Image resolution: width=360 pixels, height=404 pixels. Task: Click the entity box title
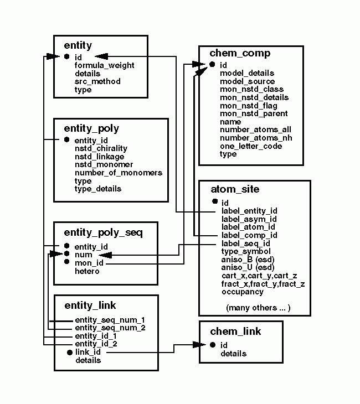(x=78, y=45)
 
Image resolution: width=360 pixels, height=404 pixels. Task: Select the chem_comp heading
(x=240, y=53)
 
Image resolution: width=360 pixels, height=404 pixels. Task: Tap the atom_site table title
(x=235, y=189)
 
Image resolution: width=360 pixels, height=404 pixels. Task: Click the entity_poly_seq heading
(x=104, y=232)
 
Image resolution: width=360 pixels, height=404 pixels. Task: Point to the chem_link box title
(x=235, y=332)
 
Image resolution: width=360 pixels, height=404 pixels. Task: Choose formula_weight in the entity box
(x=105, y=65)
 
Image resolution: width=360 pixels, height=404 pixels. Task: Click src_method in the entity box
(x=97, y=81)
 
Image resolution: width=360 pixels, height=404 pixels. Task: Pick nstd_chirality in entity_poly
(x=101, y=148)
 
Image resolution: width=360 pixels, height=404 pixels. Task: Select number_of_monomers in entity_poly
(x=119, y=173)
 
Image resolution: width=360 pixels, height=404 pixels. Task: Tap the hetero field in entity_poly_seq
(x=87, y=271)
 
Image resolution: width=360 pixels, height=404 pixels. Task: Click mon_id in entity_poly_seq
(x=89, y=263)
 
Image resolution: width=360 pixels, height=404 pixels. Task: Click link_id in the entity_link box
(x=88, y=352)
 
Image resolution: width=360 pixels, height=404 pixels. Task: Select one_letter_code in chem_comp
(x=251, y=146)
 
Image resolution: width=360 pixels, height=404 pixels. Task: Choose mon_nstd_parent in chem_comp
(x=254, y=113)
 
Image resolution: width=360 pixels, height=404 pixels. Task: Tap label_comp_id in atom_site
(x=249, y=235)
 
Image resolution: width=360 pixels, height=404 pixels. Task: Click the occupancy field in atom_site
(x=243, y=292)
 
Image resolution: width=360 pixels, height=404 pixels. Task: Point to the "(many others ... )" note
(x=258, y=307)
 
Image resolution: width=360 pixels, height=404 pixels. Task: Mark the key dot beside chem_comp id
(x=212, y=65)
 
